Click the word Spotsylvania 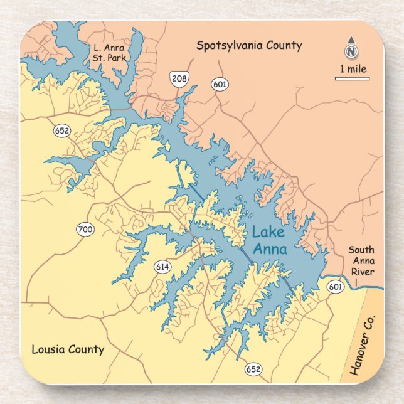pyautogui.click(x=226, y=45)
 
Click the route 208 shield pyautogui.click(x=178, y=78)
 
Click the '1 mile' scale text pyautogui.click(x=353, y=69)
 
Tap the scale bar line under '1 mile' pyautogui.click(x=352, y=78)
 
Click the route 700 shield pyautogui.click(x=85, y=230)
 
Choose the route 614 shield pyautogui.click(x=162, y=267)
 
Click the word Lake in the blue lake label pyautogui.click(x=268, y=233)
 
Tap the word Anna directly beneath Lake pyautogui.click(x=270, y=249)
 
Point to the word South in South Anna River pyautogui.click(x=361, y=250)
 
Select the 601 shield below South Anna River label pyautogui.click(x=336, y=287)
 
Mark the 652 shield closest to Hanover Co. pyautogui.click(x=253, y=369)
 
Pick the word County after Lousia pyautogui.click(x=85, y=349)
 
